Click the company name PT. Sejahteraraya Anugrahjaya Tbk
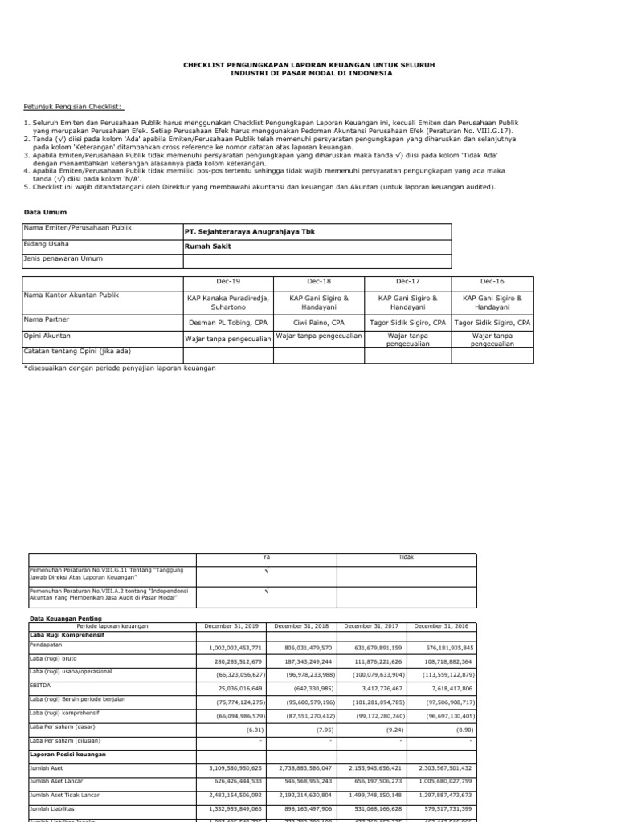(250, 231)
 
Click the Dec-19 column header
(229, 282)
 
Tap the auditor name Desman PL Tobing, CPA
(229, 322)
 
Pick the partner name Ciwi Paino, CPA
(319, 322)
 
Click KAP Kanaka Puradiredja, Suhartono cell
(229, 302)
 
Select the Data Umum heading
(43, 212)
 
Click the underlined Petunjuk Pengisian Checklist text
(67, 105)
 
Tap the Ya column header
(266, 556)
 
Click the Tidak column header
(407, 556)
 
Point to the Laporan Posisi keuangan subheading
(68, 754)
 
